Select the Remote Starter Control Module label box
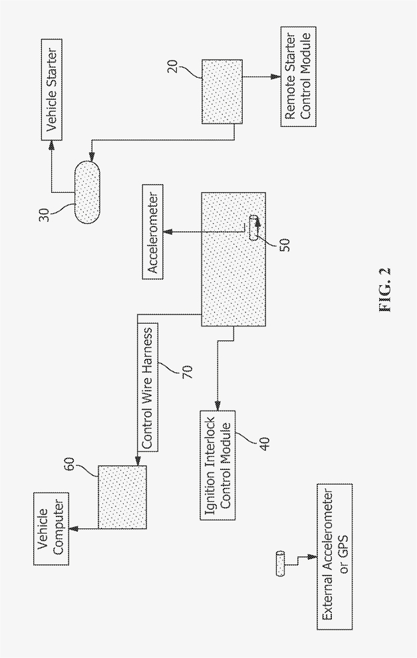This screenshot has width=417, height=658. pyautogui.click(x=298, y=76)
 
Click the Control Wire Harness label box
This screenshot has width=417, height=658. pyautogui.click(x=148, y=387)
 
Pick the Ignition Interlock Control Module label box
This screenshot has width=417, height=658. pyautogui.click(x=217, y=465)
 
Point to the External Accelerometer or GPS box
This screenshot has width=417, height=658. pyautogui.click(x=335, y=557)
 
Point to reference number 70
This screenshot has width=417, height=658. pyautogui.click(x=187, y=372)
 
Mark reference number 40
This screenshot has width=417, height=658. pyautogui.click(x=265, y=443)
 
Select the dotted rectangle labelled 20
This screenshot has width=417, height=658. pyautogui.click(x=222, y=91)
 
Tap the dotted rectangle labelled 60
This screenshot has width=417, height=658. pyautogui.click(x=122, y=497)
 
